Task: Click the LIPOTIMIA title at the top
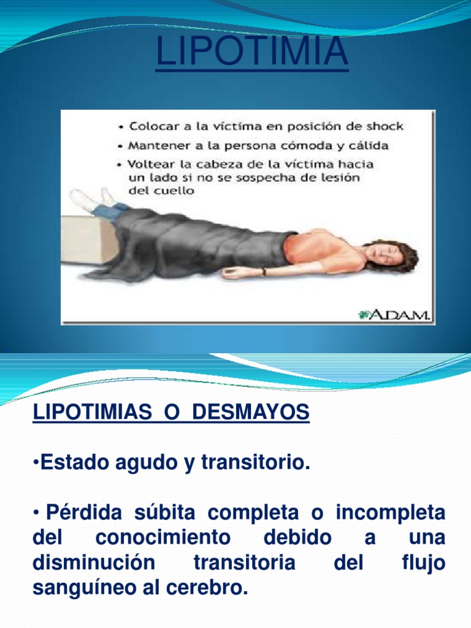point(252,52)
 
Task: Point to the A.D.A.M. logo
point(396,315)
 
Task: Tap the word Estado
point(73,464)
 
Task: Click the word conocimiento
point(163,538)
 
